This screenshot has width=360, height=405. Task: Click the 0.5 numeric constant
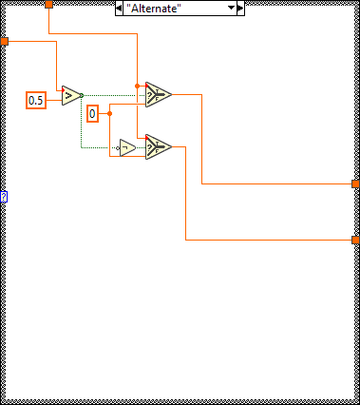pos(36,100)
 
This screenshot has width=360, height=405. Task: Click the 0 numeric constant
pos(92,114)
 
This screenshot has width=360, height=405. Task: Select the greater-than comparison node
pos(71,95)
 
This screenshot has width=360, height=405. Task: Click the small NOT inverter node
pos(127,147)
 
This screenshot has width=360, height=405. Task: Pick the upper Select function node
pos(158,94)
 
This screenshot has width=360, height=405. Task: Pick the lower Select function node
pos(157,146)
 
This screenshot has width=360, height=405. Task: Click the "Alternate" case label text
pos(154,8)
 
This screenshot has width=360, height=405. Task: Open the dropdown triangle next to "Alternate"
pos(230,8)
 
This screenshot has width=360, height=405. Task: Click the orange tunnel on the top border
pos(48,5)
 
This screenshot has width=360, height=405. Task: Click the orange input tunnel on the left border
pos(4,42)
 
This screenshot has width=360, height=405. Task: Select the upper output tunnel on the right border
pos(355,183)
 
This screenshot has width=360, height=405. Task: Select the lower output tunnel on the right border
pos(355,240)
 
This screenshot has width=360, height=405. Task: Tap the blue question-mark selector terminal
pos(4,197)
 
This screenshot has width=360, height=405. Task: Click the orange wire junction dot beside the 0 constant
pos(111,113)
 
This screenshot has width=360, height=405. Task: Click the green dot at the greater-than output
pos(82,94)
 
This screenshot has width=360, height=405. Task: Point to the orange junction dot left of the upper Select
pos(138,86)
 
